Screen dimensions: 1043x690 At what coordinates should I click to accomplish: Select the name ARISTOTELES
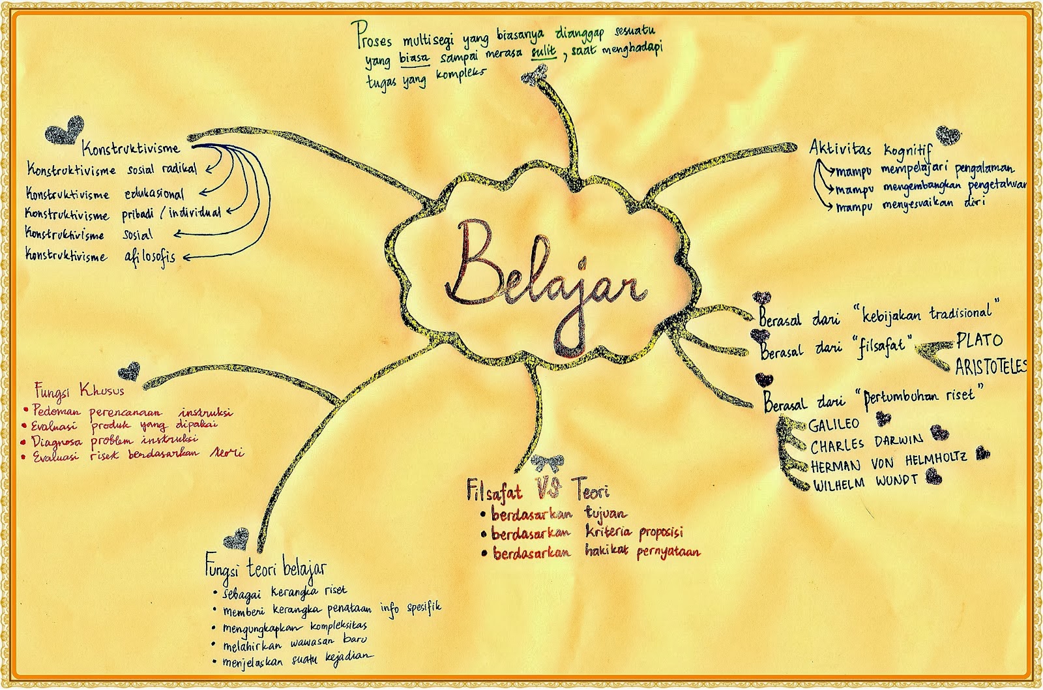point(990,366)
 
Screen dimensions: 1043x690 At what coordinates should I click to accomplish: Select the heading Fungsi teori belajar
point(265,569)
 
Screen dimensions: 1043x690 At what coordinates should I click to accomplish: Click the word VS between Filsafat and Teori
point(549,487)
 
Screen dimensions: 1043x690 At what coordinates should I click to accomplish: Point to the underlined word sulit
point(542,54)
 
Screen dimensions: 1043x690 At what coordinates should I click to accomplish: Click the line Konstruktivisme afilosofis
point(100,256)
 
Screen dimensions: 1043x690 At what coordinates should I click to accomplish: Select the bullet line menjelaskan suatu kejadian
point(297,657)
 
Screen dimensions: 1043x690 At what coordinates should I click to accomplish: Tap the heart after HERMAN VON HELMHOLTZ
point(982,453)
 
